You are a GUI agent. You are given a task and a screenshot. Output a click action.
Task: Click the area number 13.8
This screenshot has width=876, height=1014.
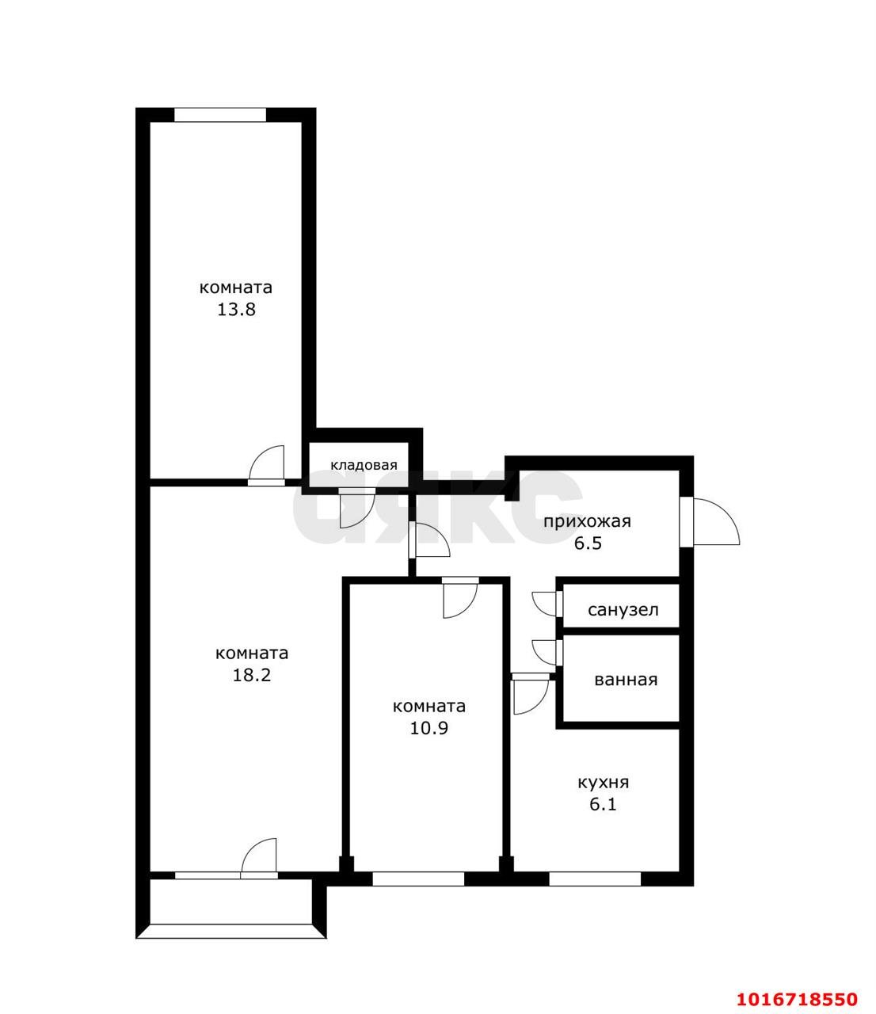coord(236,310)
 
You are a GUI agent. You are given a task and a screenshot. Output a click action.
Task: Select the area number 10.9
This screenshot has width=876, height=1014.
coord(429,728)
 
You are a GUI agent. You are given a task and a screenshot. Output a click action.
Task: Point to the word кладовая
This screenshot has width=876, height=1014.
coord(364,466)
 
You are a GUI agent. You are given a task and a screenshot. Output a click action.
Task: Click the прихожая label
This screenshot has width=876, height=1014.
coord(587,521)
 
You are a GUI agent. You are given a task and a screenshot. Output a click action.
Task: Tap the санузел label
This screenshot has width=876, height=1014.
coord(623,611)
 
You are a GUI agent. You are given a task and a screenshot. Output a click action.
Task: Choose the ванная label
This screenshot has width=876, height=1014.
coord(626,680)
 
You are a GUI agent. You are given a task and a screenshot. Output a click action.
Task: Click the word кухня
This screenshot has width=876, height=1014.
coord(604,783)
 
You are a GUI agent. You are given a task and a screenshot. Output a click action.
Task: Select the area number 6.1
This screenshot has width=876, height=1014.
coord(603,805)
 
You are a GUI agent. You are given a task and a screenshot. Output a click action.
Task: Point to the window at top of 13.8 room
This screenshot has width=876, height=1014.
coord(220,115)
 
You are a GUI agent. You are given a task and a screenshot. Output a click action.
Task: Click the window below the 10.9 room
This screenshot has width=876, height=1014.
coord(418,878)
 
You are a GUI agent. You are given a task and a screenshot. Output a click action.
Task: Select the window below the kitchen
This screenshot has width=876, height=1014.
coord(594,878)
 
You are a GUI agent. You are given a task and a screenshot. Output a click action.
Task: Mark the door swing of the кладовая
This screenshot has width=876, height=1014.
coord(354,509)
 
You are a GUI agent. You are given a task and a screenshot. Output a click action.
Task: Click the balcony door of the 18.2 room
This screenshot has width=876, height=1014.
coord(259,859)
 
